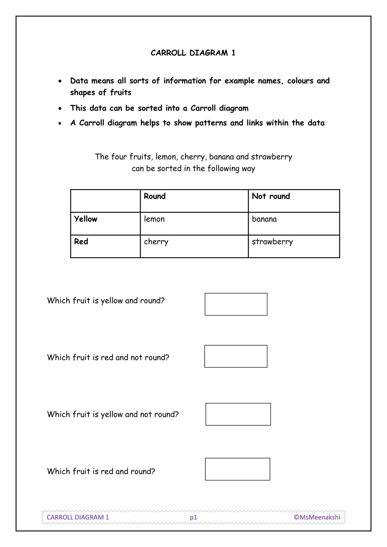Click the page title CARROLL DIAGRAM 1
193,53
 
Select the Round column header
154,196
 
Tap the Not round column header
271,196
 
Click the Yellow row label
85,219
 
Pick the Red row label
81,242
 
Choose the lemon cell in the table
154,219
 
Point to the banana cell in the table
264,219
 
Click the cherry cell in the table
156,242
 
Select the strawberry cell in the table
272,242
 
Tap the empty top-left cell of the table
105,201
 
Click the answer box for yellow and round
236,304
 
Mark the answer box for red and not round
236,356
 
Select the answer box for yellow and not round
238,414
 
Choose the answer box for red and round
237,469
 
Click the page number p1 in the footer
193,517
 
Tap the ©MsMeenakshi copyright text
317,517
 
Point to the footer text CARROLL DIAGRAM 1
78,517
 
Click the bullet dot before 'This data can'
60,109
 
